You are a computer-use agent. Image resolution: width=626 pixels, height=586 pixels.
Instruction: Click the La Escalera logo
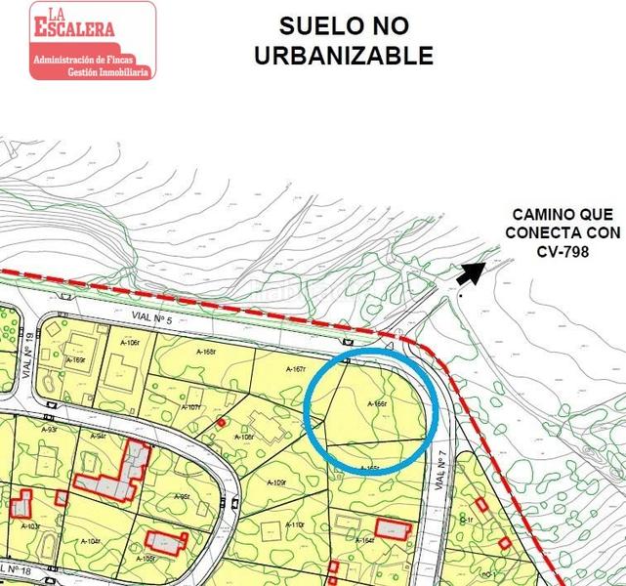pyautogui.click(x=92, y=40)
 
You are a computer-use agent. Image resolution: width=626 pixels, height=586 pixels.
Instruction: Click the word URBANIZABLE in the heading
pyautogui.click(x=343, y=56)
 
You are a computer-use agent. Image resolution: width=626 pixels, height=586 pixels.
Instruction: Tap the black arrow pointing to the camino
pyautogui.click(x=470, y=273)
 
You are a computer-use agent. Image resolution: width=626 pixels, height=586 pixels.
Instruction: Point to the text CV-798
pyautogui.click(x=563, y=251)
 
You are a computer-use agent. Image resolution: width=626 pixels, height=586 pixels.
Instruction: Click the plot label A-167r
pyautogui.click(x=297, y=369)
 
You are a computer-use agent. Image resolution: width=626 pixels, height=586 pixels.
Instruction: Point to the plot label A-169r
pyautogui.click(x=75, y=360)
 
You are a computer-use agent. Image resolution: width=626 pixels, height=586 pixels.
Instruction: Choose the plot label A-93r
pyautogui.click(x=48, y=429)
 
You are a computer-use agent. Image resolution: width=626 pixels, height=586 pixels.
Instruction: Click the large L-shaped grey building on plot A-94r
pyautogui.click(x=116, y=475)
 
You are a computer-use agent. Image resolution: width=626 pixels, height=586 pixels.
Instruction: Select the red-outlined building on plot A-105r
pyautogui.click(x=165, y=542)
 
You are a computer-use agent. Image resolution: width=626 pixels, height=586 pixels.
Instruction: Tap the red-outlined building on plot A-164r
pyautogui.click(x=392, y=528)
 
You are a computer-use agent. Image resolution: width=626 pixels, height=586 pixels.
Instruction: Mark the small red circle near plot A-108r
pyautogui.click(x=222, y=422)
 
